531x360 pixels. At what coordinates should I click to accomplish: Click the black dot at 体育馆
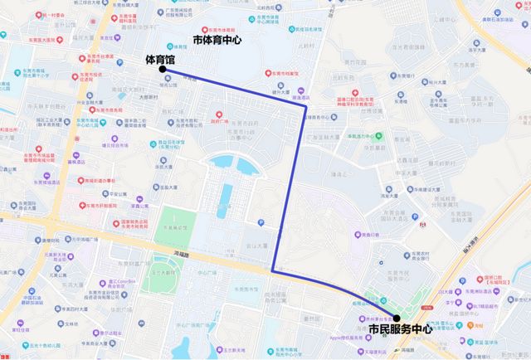(x=163, y=70)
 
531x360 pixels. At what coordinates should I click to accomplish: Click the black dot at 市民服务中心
(x=397, y=318)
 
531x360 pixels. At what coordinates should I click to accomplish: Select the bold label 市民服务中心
(x=399, y=329)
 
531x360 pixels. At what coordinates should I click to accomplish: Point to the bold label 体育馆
(x=160, y=59)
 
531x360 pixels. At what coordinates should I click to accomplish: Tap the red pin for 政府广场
(x=218, y=115)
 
